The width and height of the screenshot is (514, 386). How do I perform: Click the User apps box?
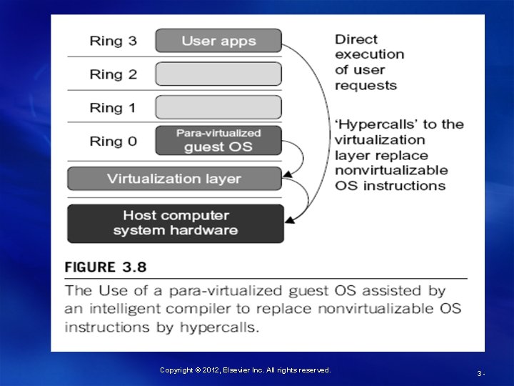(218, 41)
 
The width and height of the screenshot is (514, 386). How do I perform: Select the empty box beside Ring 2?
(218, 74)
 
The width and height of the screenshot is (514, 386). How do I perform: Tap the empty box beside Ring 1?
(218, 107)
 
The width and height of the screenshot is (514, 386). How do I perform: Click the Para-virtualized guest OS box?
(218, 140)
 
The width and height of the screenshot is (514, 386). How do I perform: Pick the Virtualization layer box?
(174, 179)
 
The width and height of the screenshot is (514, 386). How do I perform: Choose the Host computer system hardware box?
(175, 223)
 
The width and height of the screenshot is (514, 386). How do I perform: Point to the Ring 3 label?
(113, 41)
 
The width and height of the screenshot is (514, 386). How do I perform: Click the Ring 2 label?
(113, 74)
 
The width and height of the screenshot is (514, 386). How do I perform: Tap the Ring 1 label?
(113, 108)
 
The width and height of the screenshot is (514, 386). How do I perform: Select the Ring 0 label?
(113, 142)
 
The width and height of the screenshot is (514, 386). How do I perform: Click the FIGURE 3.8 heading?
(106, 267)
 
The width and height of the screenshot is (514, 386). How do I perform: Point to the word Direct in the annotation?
(356, 39)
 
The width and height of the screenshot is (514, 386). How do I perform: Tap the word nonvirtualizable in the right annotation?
(391, 170)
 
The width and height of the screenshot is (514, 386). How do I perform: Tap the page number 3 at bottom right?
(480, 374)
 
